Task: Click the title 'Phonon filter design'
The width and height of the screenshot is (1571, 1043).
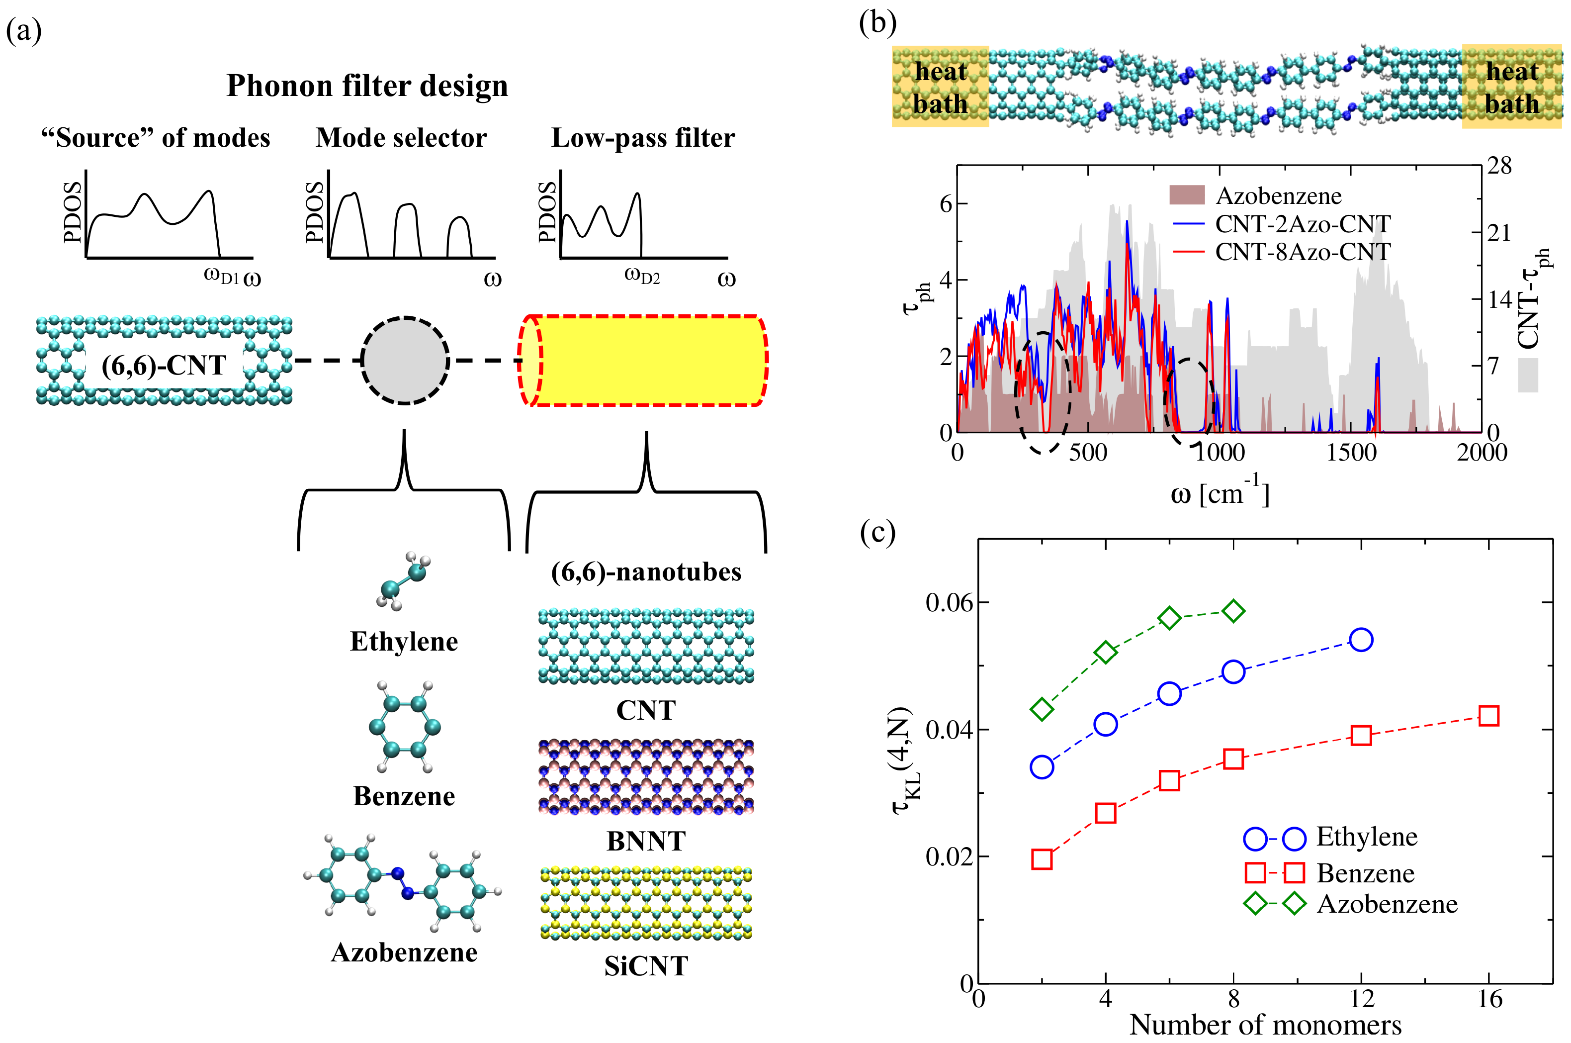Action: tap(367, 86)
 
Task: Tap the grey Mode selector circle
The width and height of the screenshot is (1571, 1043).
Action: tap(405, 361)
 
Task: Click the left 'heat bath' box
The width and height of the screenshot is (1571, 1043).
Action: tap(940, 87)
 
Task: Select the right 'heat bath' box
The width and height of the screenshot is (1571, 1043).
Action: tap(1511, 87)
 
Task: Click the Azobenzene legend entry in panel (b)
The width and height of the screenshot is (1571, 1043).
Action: tap(1278, 195)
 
